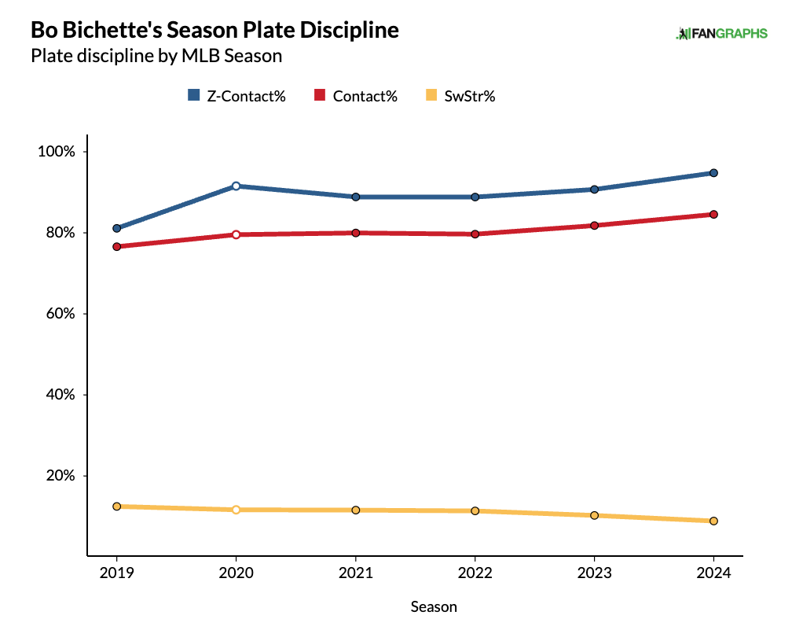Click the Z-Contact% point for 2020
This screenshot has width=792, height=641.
[236, 186]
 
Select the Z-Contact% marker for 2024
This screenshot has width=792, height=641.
[713, 173]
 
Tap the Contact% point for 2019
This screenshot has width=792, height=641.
[116, 247]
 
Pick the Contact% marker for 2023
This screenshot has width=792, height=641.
[594, 226]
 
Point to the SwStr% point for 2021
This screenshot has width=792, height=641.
[355, 510]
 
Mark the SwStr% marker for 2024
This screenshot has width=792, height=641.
[713, 521]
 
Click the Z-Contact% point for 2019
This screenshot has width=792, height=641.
[116, 228]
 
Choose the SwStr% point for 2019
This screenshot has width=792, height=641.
[116, 507]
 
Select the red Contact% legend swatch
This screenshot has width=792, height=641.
[320, 96]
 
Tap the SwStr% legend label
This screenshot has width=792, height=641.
[470, 96]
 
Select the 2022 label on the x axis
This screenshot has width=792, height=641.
[475, 574]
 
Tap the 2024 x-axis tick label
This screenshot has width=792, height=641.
[713, 574]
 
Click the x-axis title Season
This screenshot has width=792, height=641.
[434, 607]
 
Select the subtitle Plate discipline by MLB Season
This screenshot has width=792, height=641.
[156, 57]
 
